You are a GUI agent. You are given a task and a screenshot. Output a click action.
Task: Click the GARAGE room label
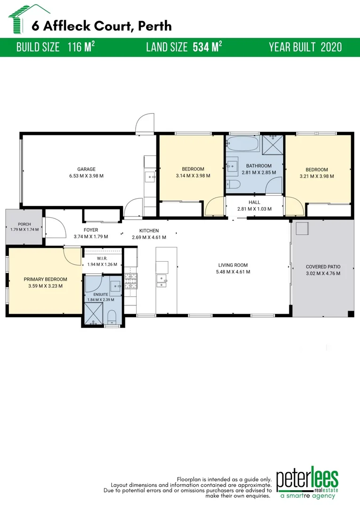(86, 169)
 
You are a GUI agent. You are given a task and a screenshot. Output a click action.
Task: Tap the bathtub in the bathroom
(243, 143)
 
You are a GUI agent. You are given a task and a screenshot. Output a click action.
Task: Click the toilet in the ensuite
(111, 317)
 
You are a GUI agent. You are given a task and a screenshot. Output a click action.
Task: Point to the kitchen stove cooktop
(131, 281)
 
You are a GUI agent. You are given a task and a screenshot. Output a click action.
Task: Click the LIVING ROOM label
(233, 265)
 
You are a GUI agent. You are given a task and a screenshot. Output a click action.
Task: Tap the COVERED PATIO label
(323, 267)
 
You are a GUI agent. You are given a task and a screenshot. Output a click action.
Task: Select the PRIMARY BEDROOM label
(45, 279)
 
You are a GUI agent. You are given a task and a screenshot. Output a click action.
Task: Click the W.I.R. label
(102, 258)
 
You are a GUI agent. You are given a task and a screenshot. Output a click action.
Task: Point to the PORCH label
(25, 224)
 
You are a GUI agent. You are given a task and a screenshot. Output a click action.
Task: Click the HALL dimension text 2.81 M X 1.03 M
(254, 209)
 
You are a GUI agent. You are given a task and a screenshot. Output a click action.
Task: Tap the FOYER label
(91, 230)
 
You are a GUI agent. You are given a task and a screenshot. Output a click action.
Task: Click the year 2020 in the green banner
(331, 48)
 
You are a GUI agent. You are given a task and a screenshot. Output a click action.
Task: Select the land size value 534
(201, 48)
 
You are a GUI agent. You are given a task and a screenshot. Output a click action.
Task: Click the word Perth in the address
(155, 26)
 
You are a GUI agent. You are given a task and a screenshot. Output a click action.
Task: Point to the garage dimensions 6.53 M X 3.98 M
(86, 176)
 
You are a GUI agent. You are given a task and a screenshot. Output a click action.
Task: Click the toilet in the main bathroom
(233, 184)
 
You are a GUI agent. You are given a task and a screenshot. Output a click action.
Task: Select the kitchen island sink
(161, 281)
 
